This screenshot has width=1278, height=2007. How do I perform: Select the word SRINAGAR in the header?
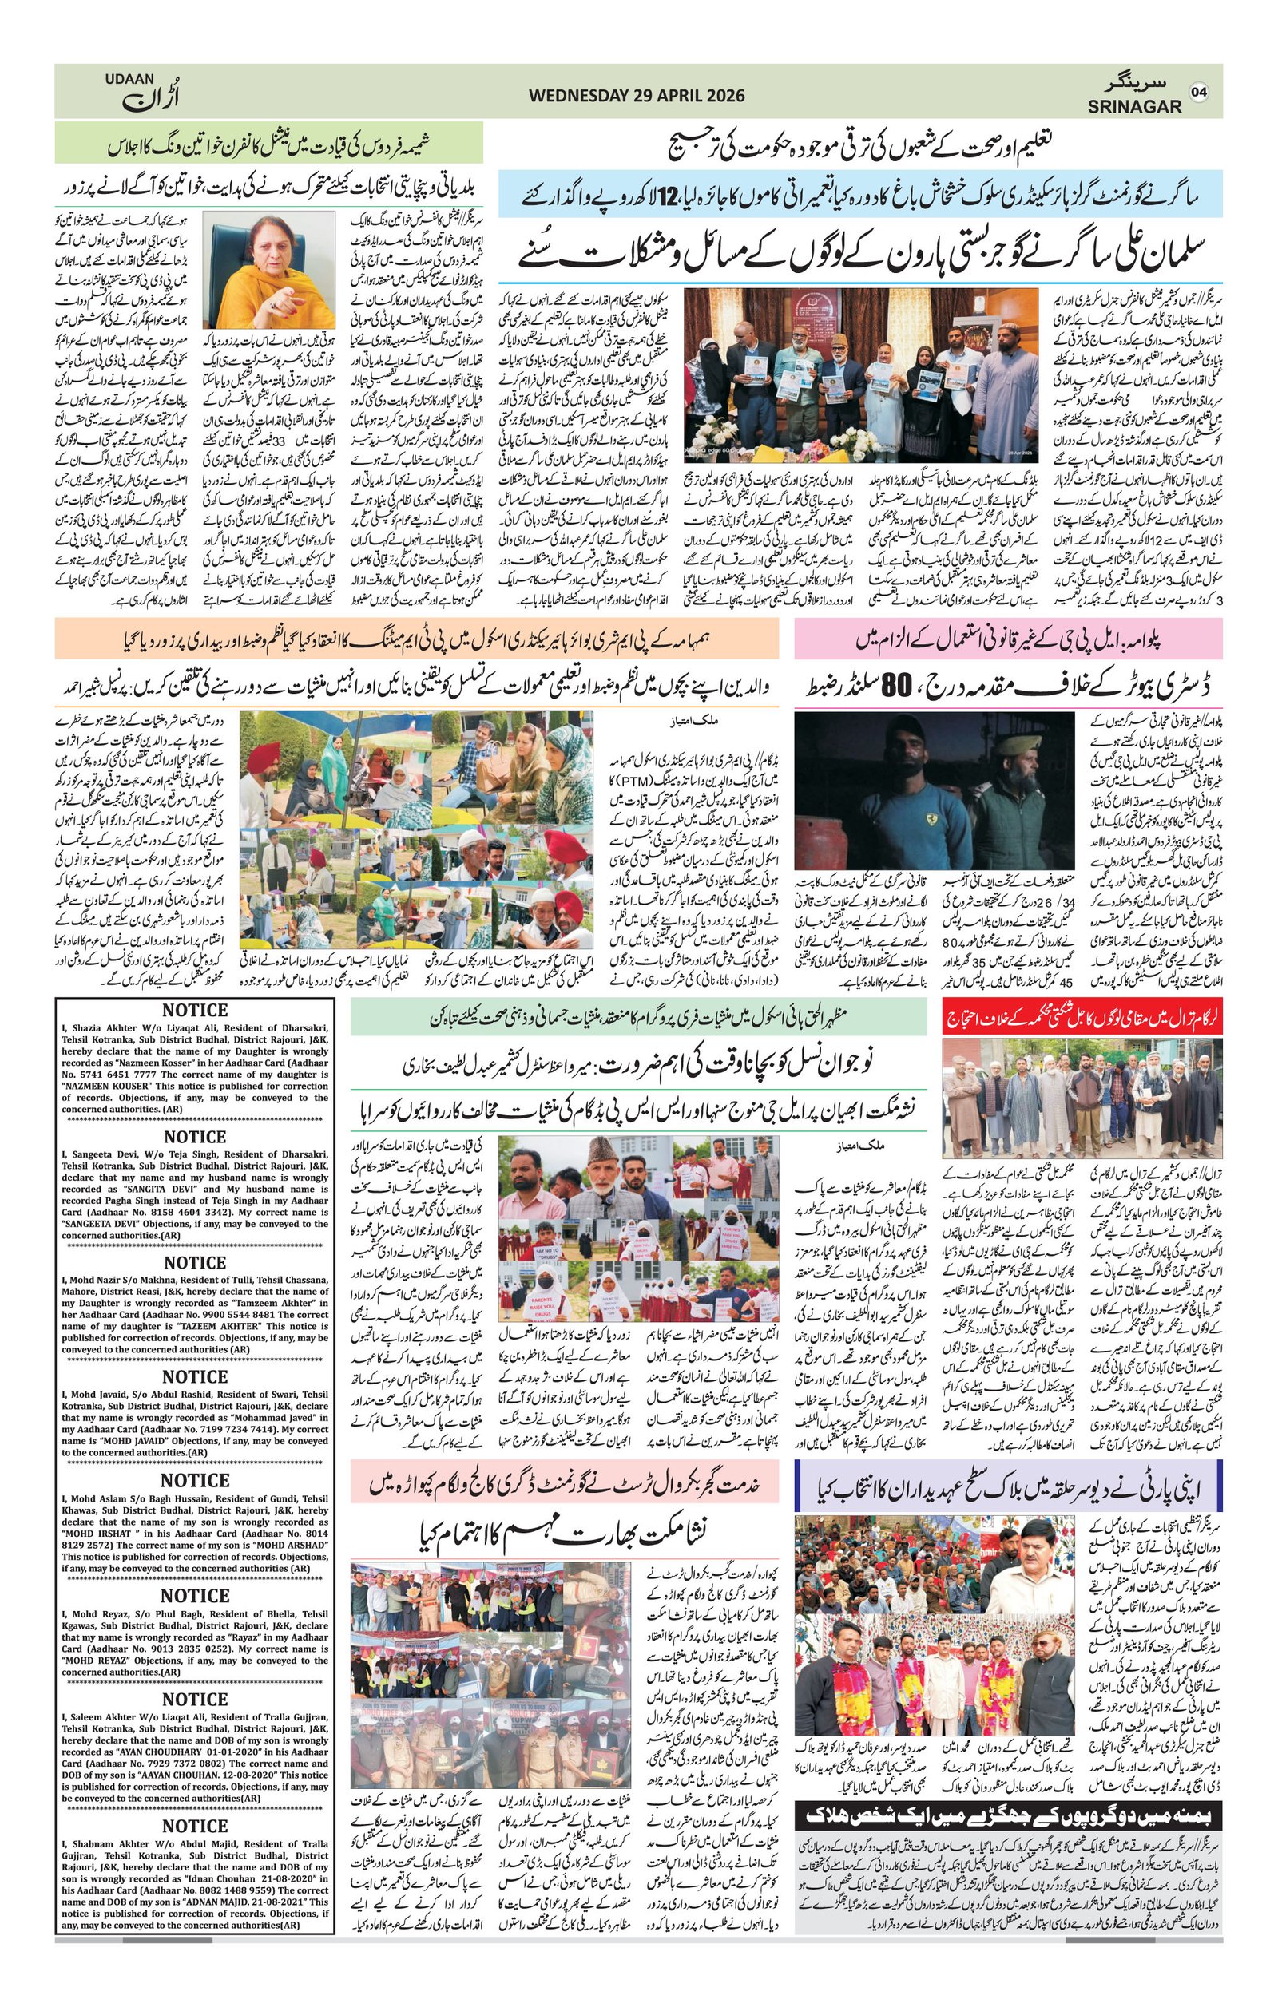1133,107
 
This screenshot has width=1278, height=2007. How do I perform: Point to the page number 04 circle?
1199,91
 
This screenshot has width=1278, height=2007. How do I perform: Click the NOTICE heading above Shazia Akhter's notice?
195,1011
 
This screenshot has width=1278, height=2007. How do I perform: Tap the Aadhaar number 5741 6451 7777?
125,1075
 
